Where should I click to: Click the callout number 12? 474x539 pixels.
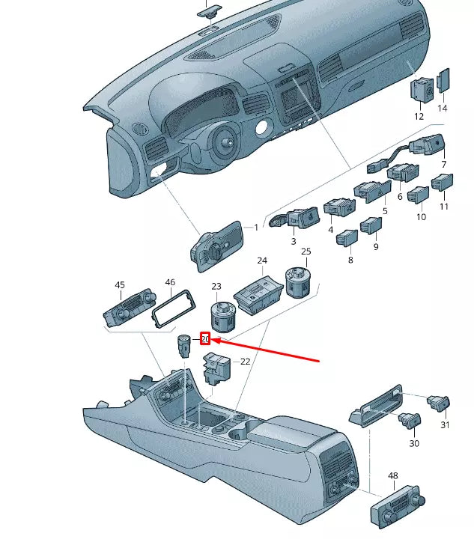click(419, 116)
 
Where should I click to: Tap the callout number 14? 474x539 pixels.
click(442, 109)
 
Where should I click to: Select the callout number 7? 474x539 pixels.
click(443, 164)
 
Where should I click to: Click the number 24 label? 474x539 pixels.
click(262, 261)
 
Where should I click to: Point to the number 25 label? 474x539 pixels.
click(306, 252)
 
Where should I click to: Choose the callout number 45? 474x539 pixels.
click(120, 285)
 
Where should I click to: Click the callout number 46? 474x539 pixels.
click(170, 283)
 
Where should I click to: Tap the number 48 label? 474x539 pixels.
click(392, 476)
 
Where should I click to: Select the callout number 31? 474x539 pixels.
click(445, 425)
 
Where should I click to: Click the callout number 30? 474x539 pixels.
click(414, 444)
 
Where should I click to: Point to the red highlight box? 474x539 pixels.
click(204, 339)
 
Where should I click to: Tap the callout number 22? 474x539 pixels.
click(245, 362)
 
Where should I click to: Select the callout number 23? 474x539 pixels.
click(216, 287)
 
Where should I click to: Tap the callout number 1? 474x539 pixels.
click(255, 227)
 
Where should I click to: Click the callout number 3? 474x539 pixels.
click(294, 242)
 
